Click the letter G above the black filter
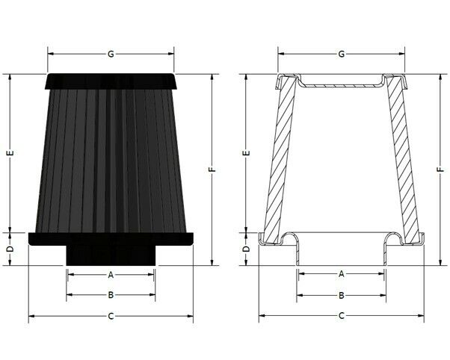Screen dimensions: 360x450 point(111,54)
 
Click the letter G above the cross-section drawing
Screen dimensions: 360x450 point(342,54)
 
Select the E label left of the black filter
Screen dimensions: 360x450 point(10,153)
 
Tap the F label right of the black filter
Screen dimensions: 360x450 point(212,170)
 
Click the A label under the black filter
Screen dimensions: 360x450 point(111,275)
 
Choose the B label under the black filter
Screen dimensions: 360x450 point(111,296)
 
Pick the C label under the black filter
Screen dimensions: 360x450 point(111,317)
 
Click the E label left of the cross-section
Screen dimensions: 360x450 point(245,153)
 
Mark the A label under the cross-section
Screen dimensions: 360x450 point(342,275)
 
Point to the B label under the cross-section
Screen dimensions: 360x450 point(342,296)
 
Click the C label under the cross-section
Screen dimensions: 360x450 point(342,317)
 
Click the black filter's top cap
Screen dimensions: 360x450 point(111,80)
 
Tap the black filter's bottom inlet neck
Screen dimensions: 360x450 point(111,255)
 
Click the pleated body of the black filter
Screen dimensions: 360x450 point(111,157)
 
